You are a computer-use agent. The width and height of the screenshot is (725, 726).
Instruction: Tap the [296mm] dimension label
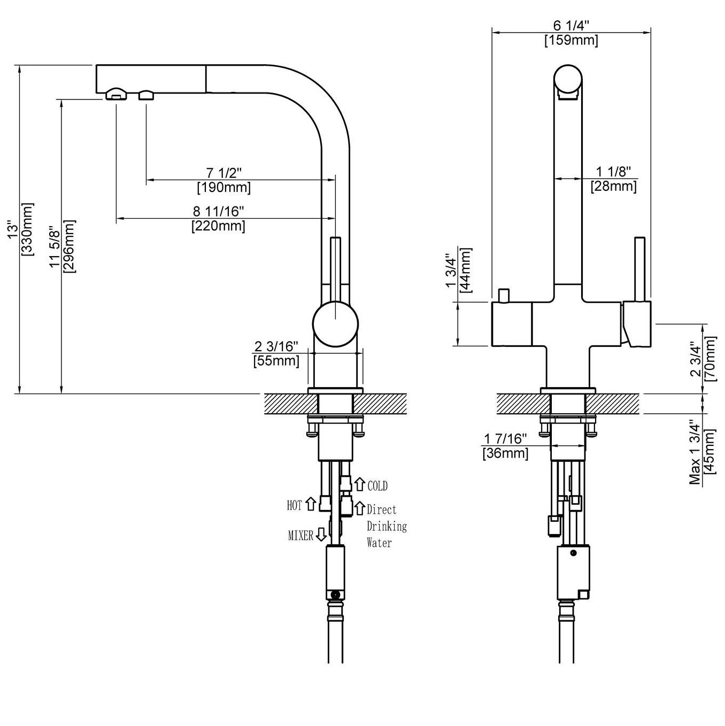70,246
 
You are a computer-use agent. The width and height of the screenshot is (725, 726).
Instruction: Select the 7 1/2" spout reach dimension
224,173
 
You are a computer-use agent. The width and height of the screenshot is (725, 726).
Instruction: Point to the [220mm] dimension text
219,226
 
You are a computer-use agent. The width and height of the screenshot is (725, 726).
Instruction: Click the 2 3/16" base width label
276,346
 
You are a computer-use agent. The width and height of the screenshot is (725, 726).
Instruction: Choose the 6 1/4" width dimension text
571,26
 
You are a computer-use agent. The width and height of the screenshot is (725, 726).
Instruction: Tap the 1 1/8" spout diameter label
613,172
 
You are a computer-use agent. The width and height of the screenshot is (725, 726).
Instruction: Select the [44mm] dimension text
466,270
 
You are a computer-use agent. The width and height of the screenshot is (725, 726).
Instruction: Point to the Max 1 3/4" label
695,452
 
